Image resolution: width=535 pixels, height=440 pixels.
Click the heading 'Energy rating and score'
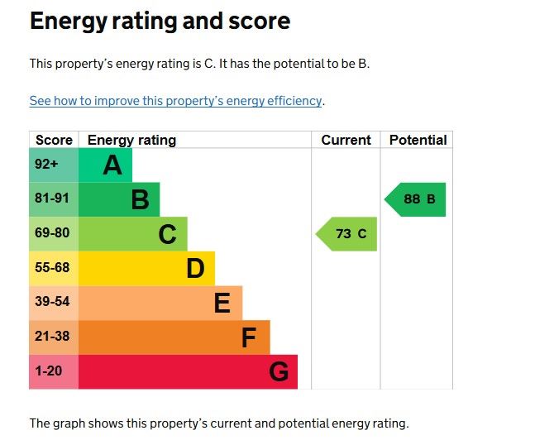160,22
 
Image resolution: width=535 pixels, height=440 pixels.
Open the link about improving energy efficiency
175,101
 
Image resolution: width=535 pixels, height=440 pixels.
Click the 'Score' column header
54,140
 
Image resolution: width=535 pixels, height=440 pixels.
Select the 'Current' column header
346,140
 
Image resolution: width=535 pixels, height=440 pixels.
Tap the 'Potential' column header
418,140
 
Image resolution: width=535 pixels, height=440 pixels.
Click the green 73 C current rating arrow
348,234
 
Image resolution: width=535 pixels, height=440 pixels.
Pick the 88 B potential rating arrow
417,199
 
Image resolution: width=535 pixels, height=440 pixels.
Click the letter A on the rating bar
112,165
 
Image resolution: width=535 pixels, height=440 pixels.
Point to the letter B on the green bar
141,199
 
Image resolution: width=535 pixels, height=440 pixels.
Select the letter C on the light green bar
167,234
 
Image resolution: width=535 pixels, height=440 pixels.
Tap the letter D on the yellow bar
195,269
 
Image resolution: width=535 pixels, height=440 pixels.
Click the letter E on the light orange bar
222,304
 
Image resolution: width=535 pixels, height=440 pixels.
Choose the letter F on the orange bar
249,337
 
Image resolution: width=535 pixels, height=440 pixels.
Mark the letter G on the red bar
279,372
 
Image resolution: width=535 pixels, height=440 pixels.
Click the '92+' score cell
47,165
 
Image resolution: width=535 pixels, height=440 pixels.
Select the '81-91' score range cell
52,198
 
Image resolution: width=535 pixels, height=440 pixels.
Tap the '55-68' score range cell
52,268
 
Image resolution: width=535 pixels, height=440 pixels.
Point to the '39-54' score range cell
52,302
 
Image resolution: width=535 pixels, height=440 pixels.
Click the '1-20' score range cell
49,371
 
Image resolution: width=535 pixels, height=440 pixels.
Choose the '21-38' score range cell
52,337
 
